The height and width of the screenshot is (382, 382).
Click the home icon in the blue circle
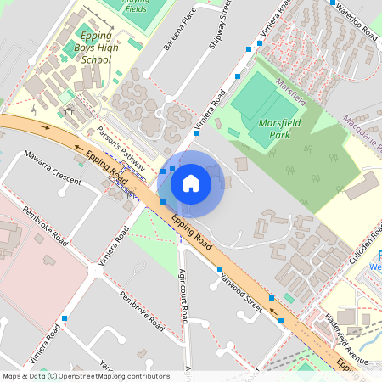191,183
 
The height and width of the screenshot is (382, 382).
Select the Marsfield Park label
277,127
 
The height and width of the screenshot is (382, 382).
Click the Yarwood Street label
241,289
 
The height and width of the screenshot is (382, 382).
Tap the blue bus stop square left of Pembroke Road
65,317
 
